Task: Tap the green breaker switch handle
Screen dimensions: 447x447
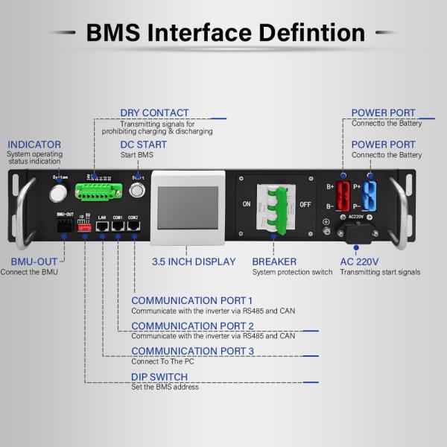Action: coord(276,205)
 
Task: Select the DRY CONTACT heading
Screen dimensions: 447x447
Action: coord(154,113)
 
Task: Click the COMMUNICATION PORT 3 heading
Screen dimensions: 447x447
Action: coord(193,351)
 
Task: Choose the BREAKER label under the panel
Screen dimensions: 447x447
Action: coord(274,261)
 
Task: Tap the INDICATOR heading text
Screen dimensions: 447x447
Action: coord(34,145)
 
